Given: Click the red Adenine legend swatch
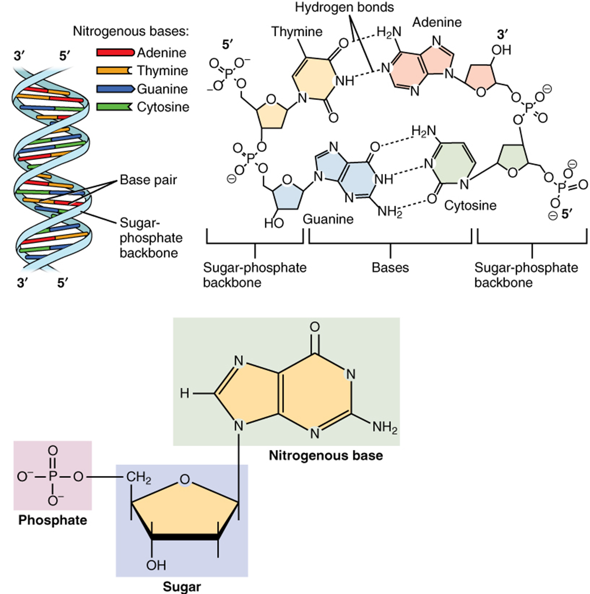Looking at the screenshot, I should [115, 52].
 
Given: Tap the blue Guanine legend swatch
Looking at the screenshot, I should [115, 89].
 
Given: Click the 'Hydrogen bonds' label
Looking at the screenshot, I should [344, 8].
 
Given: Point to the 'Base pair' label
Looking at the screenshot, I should [148, 180].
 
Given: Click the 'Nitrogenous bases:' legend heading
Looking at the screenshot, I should [131, 32].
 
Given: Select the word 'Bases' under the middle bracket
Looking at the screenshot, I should [390, 268].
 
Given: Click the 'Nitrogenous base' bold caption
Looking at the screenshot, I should [326, 456].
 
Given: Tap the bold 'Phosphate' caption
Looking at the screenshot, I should [52, 520].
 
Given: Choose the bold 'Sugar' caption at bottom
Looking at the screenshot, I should [181, 587].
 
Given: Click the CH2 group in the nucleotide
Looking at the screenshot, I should [139, 478].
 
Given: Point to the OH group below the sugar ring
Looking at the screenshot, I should [156, 565].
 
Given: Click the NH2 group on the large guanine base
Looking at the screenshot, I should [385, 428].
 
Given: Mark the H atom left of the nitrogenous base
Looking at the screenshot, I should [185, 393].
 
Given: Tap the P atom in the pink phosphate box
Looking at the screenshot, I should [52, 477].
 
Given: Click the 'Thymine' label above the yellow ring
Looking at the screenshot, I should [297, 32].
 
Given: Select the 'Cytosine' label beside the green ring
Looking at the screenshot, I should [470, 205].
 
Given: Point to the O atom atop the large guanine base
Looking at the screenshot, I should [315, 327].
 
